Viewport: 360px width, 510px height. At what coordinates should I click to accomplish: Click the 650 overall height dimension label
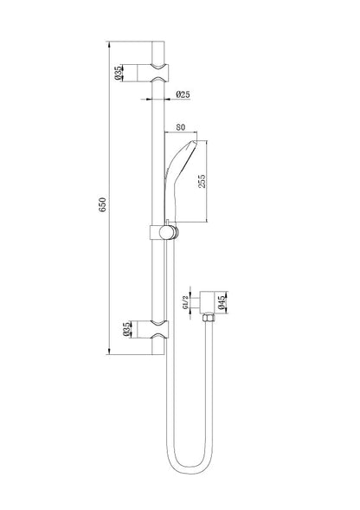click(x=102, y=204)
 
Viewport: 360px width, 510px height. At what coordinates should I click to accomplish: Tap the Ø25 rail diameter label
click(x=183, y=94)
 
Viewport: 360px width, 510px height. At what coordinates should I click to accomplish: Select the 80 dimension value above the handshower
click(x=181, y=126)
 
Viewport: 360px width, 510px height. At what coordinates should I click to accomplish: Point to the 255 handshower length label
click(x=202, y=181)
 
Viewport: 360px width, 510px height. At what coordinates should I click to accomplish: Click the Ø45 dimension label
click(x=222, y=302)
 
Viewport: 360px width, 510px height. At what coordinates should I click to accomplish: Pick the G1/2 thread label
click(x=185, y=302)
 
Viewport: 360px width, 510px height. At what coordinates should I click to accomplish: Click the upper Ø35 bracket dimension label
click(x=118, y=73)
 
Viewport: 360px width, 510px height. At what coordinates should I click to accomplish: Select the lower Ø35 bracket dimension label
click(x=127, y=329)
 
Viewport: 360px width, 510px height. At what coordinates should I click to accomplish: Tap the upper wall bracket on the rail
click(x=153, y=73)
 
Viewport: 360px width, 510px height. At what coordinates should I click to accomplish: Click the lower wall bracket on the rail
click(x=153, y=329)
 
